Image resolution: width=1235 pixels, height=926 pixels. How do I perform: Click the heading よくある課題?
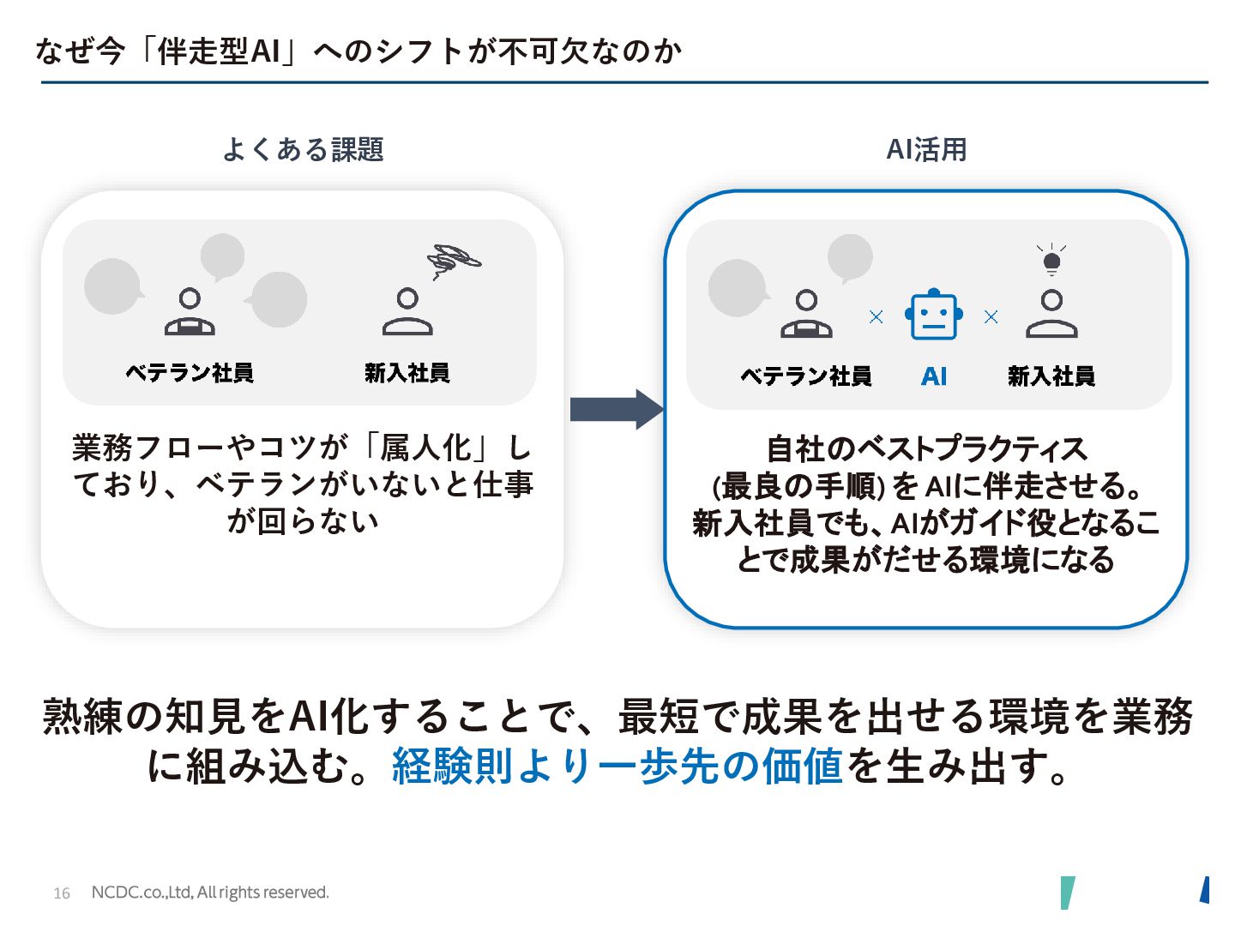pos(303,150)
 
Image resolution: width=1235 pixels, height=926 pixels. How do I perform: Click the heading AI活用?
pos(926,150)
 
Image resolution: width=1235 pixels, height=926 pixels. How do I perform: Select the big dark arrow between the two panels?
pos(616,409)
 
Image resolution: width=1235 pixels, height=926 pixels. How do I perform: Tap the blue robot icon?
pos(933,315)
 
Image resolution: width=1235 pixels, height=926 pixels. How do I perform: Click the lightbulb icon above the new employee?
pos(1051,259)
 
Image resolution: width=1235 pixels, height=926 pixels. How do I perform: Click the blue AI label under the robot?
pos(933,376)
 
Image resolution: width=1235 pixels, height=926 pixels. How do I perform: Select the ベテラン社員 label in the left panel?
pos(190,373)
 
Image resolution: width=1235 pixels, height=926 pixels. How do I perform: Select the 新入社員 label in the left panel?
pos(407,373)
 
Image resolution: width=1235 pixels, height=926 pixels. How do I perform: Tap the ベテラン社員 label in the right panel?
pos(805,376)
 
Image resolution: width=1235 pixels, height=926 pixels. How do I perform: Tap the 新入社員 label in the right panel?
pos(1051,376)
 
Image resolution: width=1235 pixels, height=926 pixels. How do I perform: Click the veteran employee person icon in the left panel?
pos(190,312)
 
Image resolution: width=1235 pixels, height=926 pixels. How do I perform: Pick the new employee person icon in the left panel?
pos(407,312)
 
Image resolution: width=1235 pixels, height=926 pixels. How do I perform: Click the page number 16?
pos(62,893)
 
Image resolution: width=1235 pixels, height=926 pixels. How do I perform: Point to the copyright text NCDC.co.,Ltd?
pos(209,893)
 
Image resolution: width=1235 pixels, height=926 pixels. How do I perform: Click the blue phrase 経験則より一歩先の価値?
pos(617,766)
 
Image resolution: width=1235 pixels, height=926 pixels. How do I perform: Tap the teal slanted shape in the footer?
pos(1067,892)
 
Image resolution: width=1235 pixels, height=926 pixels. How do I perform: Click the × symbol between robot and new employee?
pos(991,317)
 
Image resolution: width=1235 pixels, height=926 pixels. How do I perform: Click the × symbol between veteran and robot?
pos(876,317)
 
